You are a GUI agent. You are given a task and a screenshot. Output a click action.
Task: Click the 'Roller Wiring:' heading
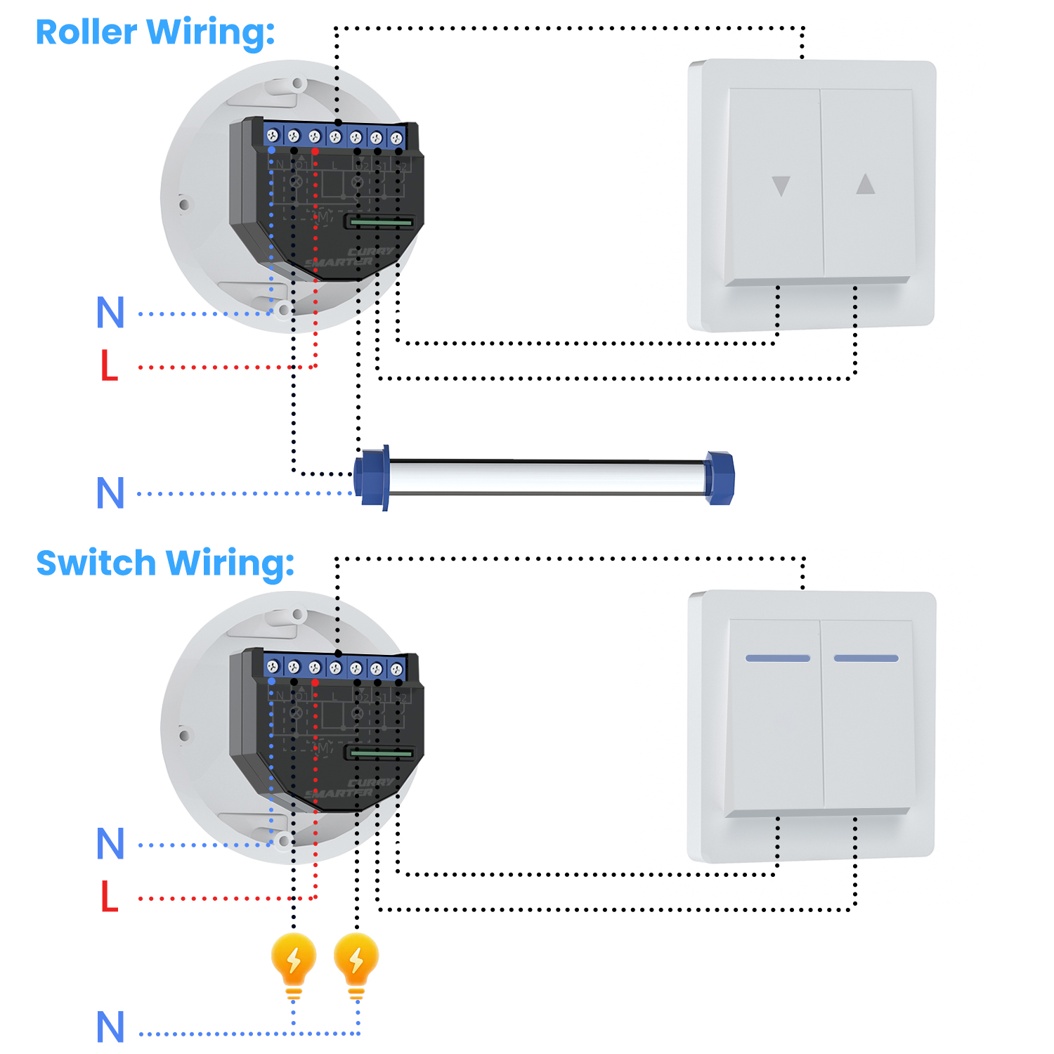coord(155,32)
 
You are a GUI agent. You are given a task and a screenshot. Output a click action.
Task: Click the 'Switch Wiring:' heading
coord(165,564)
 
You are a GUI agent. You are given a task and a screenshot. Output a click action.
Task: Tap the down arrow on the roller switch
coord(781,186)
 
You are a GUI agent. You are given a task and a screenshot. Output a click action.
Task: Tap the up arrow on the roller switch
coord(865,184)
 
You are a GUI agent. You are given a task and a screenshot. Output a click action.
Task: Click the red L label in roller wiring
coord(109,366)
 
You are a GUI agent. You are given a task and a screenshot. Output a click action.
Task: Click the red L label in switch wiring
coord(109,897)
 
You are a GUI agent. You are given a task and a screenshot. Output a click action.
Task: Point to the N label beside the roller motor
coord(110,493)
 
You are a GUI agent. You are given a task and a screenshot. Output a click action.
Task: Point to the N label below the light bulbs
coord(110,1027)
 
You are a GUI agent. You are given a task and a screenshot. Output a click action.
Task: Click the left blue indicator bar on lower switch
coord(778,658)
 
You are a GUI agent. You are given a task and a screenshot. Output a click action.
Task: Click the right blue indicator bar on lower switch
coord(866,658)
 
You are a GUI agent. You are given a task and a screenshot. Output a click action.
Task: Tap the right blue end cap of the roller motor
coord(720,478)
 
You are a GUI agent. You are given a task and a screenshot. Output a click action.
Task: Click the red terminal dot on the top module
coord(315,151)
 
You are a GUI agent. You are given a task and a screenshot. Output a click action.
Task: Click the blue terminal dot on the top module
coord(272,150)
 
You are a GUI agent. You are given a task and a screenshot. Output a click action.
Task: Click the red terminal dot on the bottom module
coord(315,682)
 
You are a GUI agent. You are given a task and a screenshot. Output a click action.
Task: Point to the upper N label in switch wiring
coord(110,843)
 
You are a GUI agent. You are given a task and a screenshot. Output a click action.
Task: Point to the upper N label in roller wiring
coord(110,312)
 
